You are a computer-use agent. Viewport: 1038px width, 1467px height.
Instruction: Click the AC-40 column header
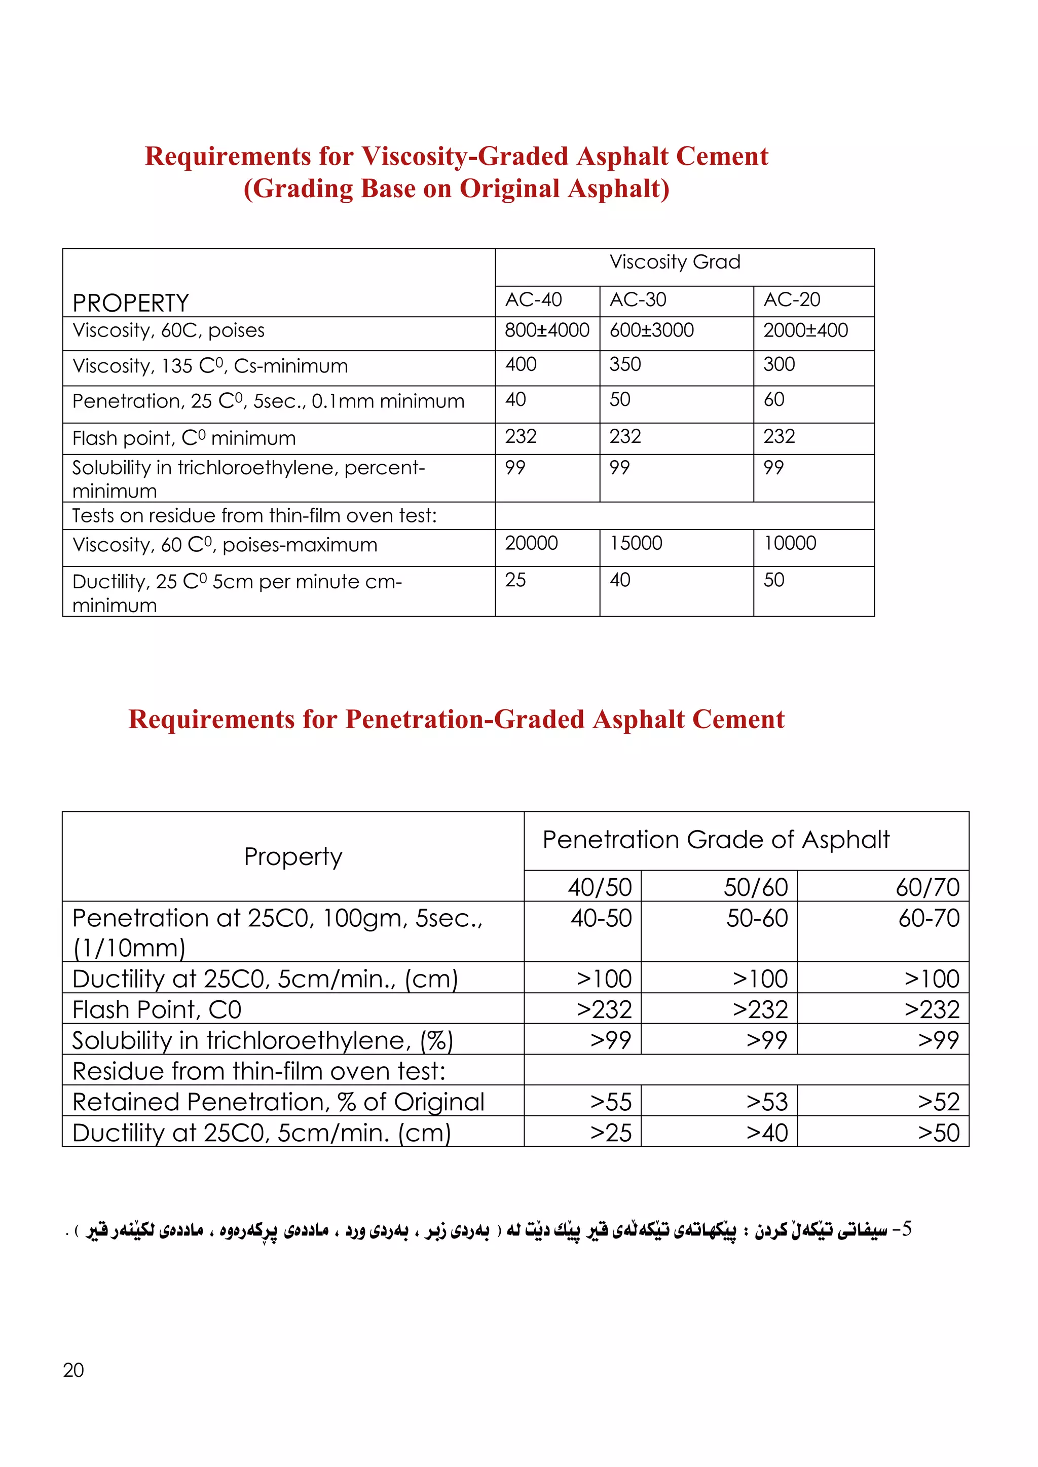coord(533,299)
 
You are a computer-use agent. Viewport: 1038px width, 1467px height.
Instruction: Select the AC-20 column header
coord(791,299)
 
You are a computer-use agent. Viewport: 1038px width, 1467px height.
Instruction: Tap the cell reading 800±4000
coord(546,330)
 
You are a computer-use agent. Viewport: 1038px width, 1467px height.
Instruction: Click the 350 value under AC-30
coord(624,364)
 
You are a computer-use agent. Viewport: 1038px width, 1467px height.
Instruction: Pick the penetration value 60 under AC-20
coord(773,399)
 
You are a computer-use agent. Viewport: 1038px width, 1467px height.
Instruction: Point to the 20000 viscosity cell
coord(531,543)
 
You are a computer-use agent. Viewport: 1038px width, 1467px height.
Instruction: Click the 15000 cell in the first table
coord(636,543)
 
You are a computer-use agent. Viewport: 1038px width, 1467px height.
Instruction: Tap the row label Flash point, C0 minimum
coord(184,438)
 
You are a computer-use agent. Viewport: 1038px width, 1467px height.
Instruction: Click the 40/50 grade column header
coord(600,887)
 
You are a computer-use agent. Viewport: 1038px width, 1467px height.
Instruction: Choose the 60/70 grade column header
coord(927,887)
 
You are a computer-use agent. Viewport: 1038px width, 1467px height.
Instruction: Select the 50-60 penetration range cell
coord(757,918)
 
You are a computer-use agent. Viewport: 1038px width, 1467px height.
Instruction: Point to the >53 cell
coord(766,1102)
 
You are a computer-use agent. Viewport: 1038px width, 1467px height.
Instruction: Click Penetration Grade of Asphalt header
coord(716,840)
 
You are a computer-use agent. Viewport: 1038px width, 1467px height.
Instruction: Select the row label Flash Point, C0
coord(157,1009)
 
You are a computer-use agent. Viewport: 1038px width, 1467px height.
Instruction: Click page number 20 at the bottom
coord(73,1370)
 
